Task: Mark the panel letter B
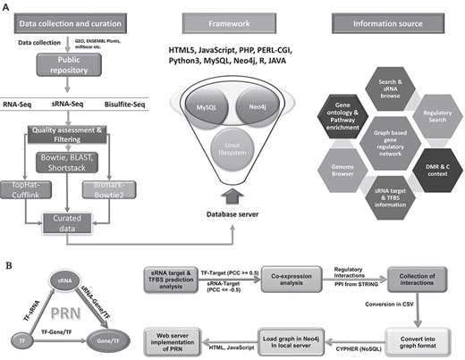pos(7,263)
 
